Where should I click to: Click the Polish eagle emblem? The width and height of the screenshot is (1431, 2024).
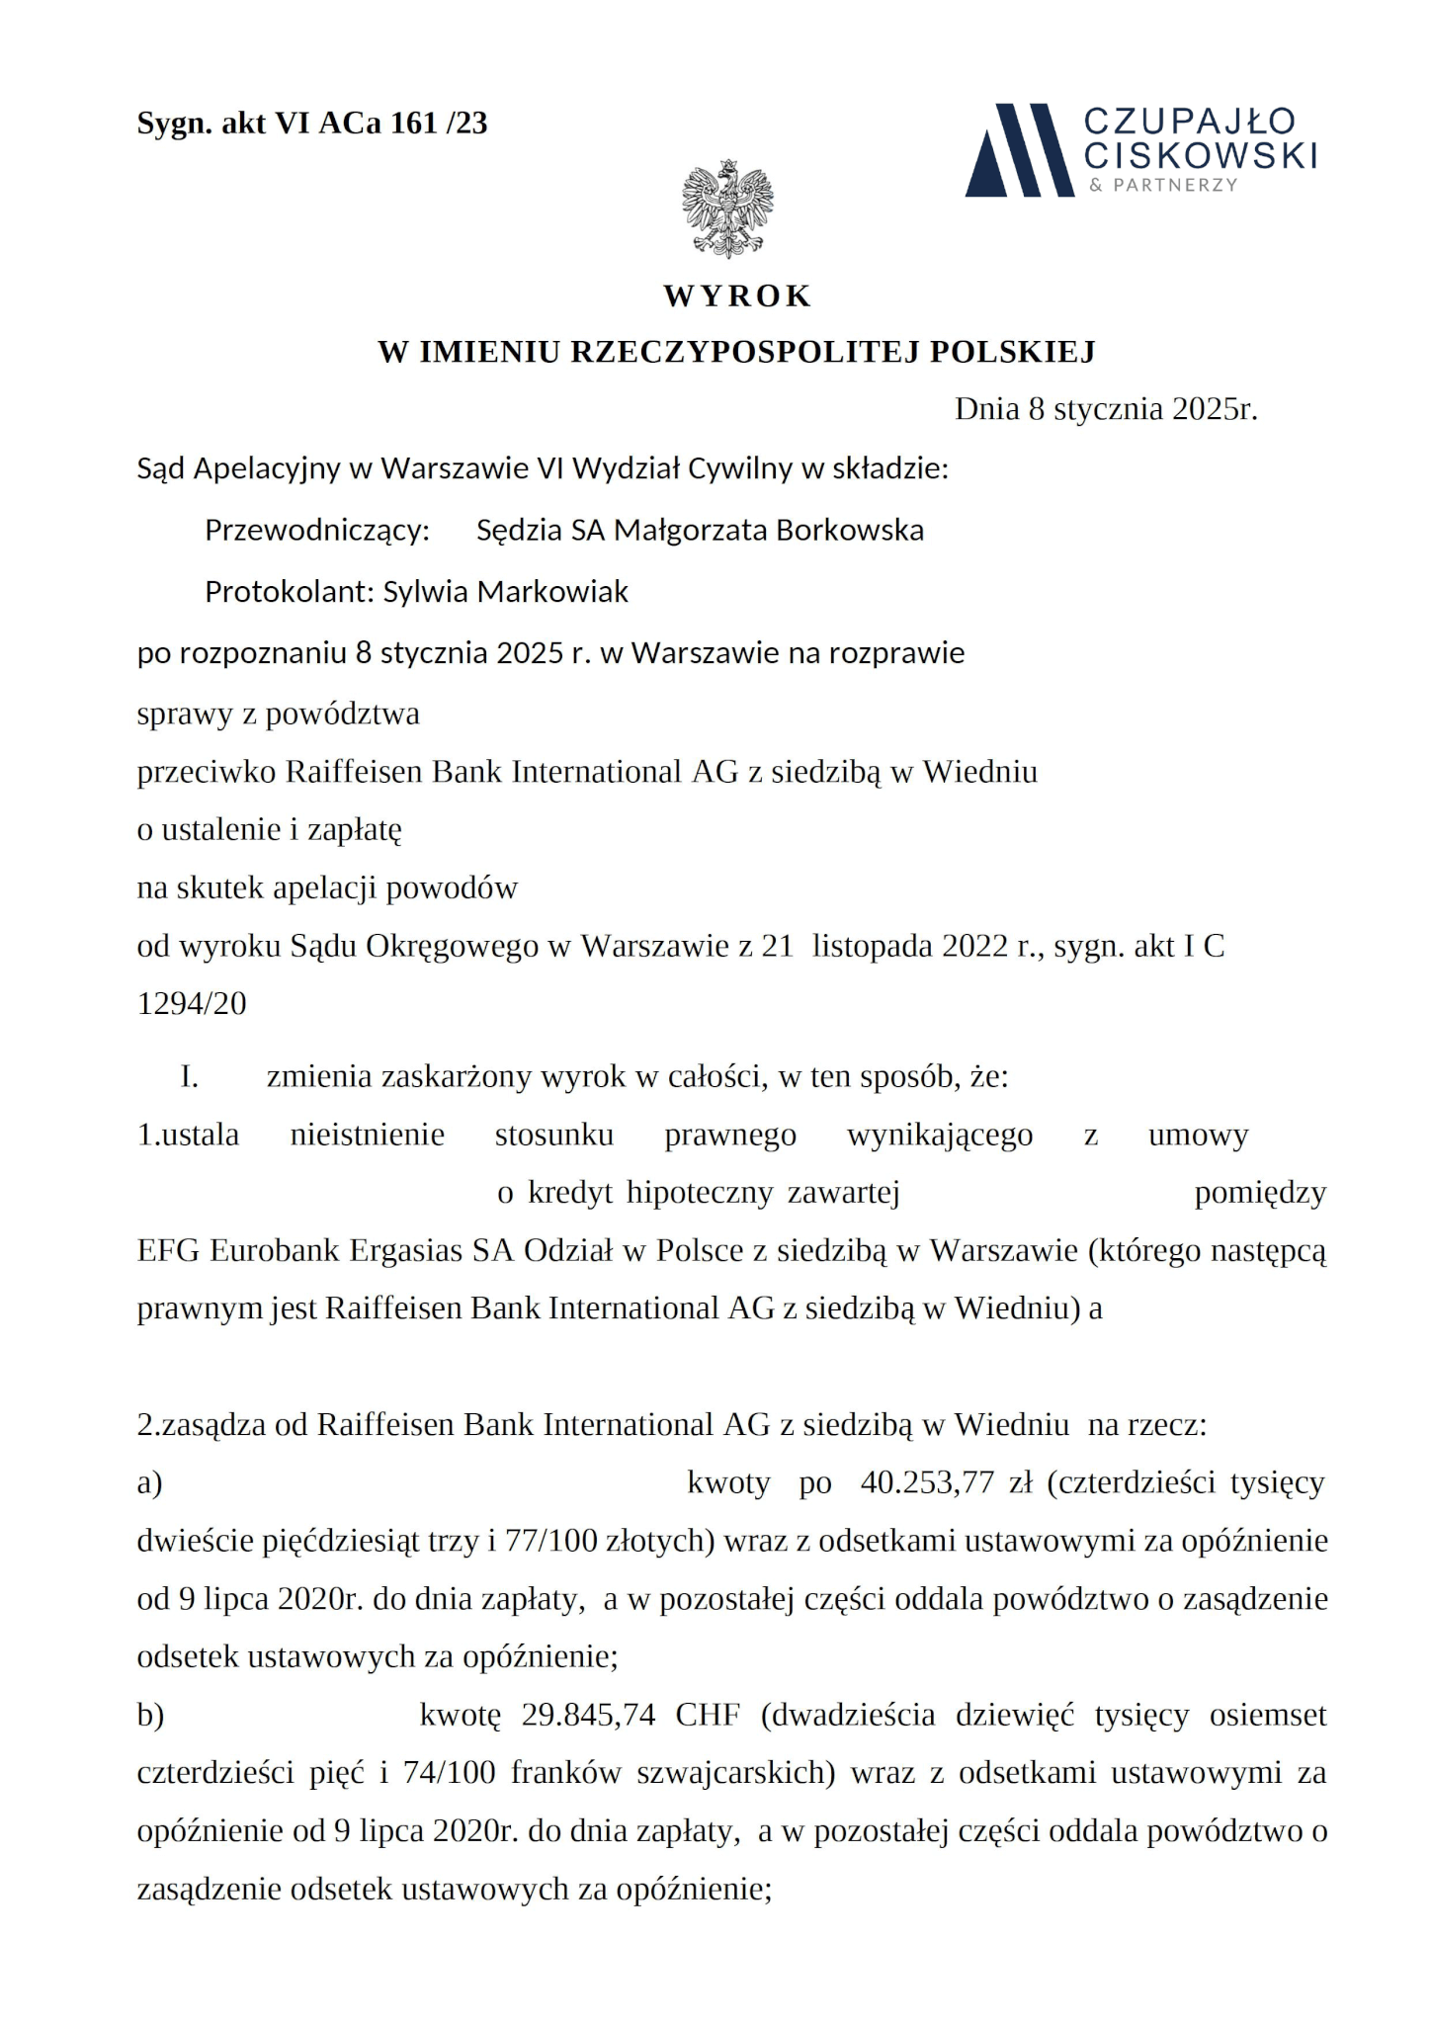[727, 208]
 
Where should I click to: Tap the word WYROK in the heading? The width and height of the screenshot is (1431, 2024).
[737, 295]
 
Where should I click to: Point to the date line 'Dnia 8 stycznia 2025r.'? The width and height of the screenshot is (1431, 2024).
[1105, 409]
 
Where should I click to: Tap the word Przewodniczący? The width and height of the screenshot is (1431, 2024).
[317, 531]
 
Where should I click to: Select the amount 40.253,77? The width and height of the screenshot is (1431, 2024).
[926, 1482]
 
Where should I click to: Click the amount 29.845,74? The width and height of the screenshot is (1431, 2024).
[589, 1715]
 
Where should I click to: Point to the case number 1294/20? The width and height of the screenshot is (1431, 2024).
[192, 1004]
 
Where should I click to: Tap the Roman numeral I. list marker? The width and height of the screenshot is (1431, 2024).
[190, 1076]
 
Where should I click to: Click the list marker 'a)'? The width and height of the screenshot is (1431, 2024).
[149, 1483]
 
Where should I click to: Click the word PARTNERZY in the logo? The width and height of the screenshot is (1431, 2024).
[1174, 186]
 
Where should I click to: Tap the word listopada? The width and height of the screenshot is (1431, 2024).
[872, 947]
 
